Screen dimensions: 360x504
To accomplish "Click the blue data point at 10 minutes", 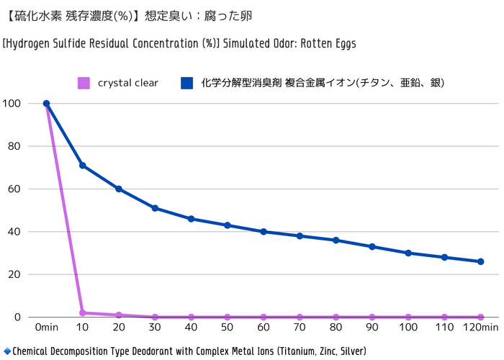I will [x=83, y=166].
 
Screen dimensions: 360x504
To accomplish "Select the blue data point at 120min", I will [x=481, y=261].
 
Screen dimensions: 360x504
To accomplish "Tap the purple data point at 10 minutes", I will [x=83, y=312].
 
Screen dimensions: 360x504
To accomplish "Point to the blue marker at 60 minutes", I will [x=264, y=232].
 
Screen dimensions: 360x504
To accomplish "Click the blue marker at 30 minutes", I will [x=155, y=208].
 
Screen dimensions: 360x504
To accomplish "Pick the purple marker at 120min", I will [x=481, y=317].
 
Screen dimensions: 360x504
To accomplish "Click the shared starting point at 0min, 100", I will [x=47, y=104].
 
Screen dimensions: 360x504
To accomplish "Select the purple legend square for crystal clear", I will [x=84, y=84].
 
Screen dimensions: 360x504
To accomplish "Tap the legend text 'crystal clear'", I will [x=128, y=84].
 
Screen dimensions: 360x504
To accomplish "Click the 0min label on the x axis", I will [x=47, y=328].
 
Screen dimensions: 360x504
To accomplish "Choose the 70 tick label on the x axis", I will [x=300, y=328].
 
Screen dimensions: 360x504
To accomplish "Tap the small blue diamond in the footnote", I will [x=7, y=351].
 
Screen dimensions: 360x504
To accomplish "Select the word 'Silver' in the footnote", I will [x=349, y=351].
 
